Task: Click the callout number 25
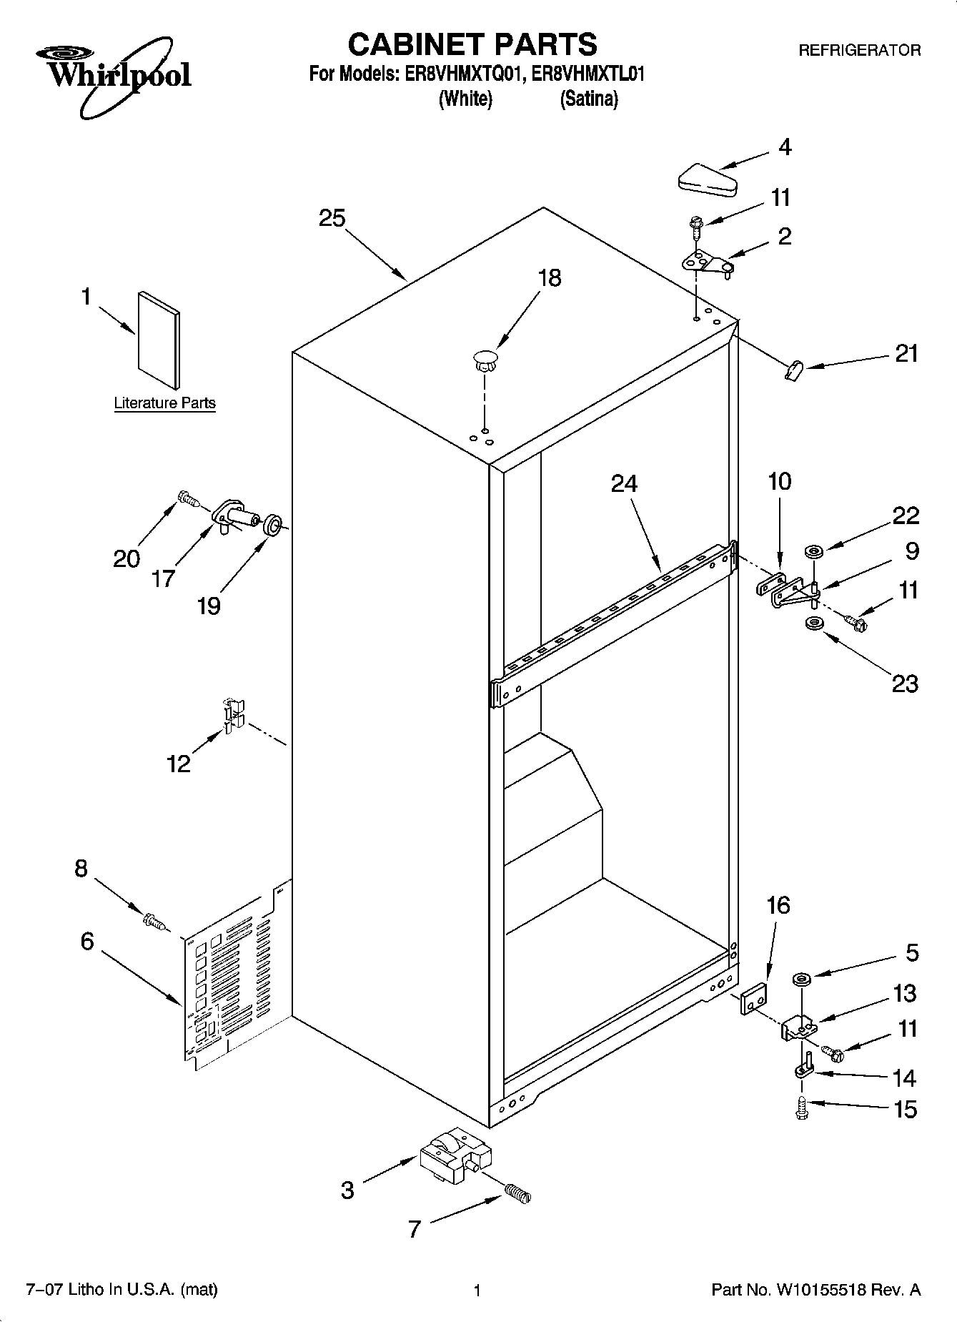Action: [332, 218]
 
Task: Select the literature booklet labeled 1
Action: [159, 340]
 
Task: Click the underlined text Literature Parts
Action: [164, 403]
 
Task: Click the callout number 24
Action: [624, 484]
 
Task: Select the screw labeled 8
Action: [154, 921]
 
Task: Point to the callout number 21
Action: [906, 354]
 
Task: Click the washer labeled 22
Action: [813, 551]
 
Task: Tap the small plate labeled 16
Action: [753, 998]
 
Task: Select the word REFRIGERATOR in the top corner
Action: [858, 51]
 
